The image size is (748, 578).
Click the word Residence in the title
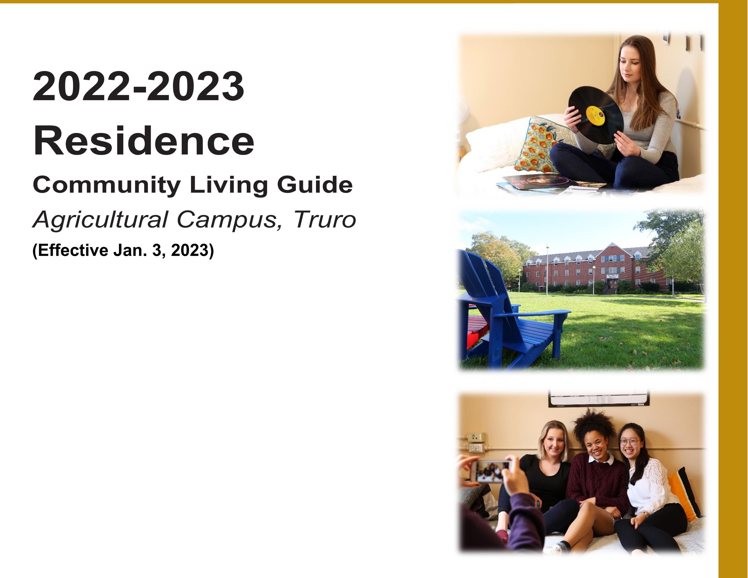pyautogui.click(x=143, y=141)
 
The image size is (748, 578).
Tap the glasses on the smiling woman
pyautogui.click(x=629, y=442)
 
